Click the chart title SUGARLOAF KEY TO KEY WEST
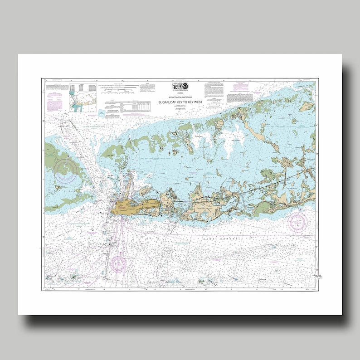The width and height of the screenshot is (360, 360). (181, 102)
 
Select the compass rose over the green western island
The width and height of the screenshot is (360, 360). (65, 169)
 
